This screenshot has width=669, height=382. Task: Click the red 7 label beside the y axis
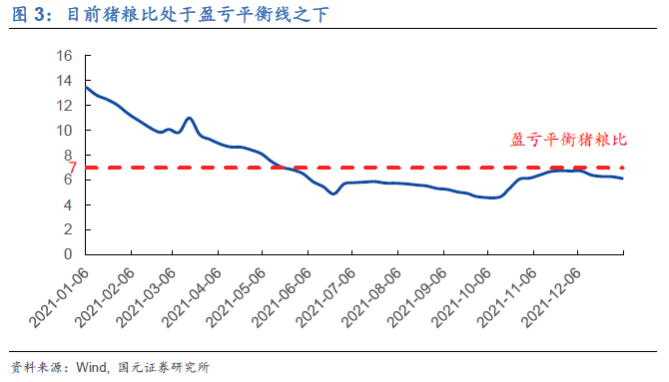coord(72,168)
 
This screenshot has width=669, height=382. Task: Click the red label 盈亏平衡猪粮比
coord(567,141)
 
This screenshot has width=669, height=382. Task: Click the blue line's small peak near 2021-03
coord(189,119)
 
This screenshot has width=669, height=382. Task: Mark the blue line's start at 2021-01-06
coord(85,87)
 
